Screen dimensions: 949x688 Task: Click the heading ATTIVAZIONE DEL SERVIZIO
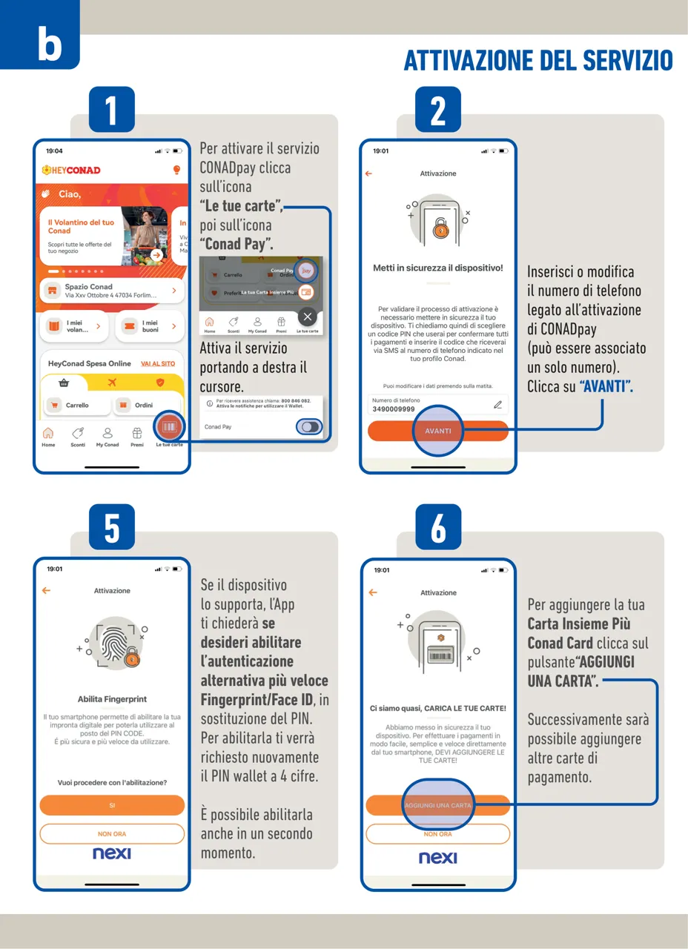pos(538,61)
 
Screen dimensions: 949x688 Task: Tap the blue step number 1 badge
pos(111,112)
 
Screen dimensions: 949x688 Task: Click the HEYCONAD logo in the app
pos(71,170)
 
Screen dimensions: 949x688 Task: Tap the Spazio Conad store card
pos(111,291)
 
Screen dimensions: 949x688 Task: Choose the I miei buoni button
pos(149,326)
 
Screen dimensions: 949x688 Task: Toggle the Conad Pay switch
pos(308,427)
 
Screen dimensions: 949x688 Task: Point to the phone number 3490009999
pos(393,409)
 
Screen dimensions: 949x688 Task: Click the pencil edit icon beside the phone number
pos(497,405)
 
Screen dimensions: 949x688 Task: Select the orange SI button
pos(112,805)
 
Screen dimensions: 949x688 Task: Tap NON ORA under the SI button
pos(112,833)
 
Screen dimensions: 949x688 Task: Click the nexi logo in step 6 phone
pos(438,858)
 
